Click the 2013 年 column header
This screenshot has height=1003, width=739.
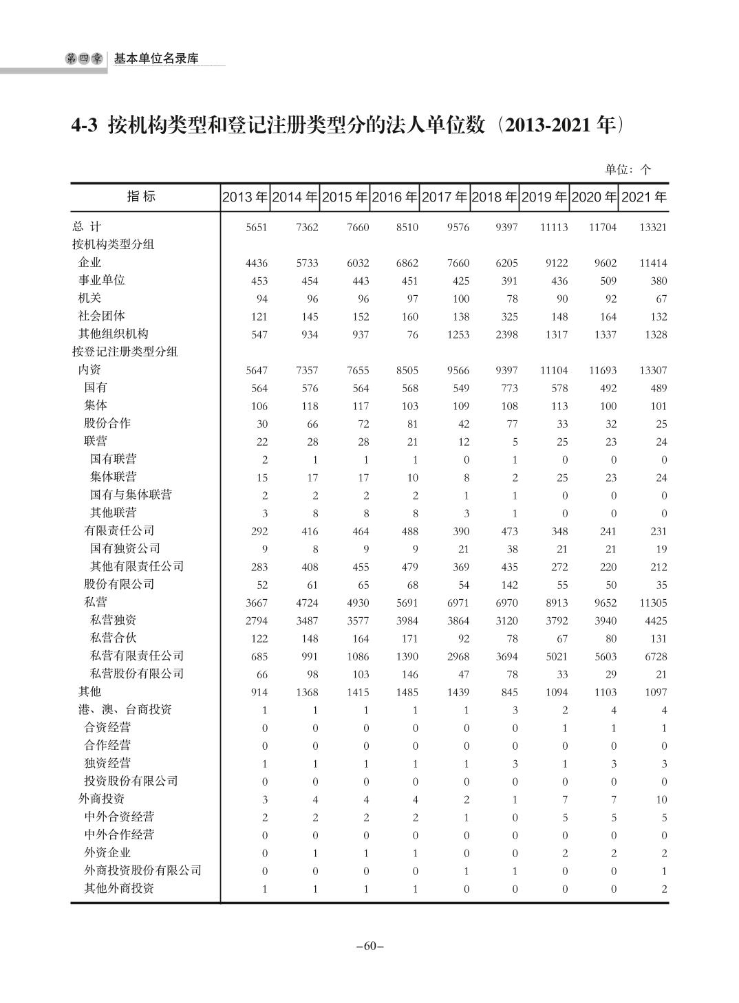click(245, 197)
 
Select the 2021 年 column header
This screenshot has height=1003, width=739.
click(643, 197)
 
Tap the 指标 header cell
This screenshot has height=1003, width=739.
click(142, 197)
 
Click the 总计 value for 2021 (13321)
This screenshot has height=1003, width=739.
click(652, 227)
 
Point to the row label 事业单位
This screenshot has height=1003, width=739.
click(101, 280)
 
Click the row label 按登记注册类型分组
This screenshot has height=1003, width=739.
click(125, 352)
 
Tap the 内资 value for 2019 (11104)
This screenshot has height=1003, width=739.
click(553, 370)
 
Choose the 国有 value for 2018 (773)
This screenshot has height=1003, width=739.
click(509, 388)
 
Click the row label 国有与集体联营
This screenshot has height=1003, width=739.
click(131, 495)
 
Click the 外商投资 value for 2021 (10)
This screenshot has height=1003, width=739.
click(661, 799)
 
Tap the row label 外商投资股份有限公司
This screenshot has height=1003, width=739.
click(142, 870)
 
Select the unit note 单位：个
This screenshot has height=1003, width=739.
click(628, 169)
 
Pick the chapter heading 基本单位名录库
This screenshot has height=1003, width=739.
click(156, 59)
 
